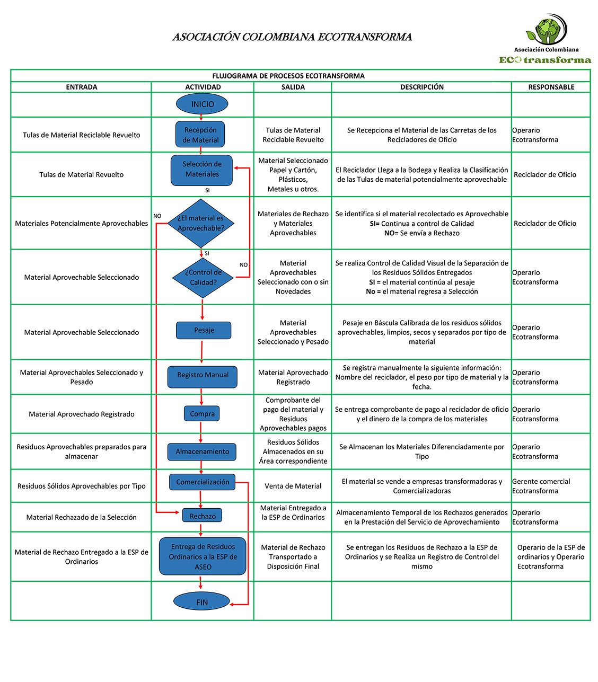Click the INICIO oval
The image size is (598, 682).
(x=202, y=104)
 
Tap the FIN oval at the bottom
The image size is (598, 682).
(x=201, y=602)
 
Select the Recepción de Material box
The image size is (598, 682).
(x=200, y=135)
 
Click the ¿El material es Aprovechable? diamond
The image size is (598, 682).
(x=201, y=223)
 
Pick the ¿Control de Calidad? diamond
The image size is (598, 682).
(x=203, y=277)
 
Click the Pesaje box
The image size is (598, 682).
(x=204, y=330)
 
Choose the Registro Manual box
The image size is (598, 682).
(x=203, y=375)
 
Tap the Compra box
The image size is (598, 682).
(x=202, y=414)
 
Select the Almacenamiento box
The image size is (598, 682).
(x=202, y=451)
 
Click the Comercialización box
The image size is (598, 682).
(x=202, y=482)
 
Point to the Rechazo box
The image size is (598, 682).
(x=202, y=516)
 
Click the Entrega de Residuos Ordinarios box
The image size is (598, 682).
(x=203, y=556)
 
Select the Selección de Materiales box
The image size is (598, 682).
(x=201, y=170)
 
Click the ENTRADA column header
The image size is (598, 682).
(x=81, y=87)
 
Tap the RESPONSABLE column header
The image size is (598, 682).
(x=551, y=87)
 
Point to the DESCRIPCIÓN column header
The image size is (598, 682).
(x=421, y=87)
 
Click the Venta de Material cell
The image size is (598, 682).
(x=293, y=486)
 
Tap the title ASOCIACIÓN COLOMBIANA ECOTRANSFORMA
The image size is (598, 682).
(x=292, y=37)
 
